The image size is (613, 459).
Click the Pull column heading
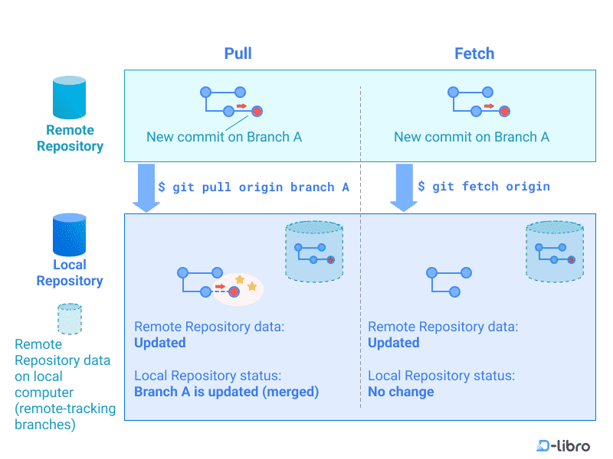click(238, 54)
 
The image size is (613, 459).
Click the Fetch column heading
click(474, 54)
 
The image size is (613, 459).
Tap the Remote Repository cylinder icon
click(69, 97)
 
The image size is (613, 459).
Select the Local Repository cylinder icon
click(69, 234)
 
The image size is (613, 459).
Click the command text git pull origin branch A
click(254, 187)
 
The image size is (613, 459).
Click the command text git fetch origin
click(484, 187)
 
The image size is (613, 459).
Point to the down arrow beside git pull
click(146, 187)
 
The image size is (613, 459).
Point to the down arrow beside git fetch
click(403, 187)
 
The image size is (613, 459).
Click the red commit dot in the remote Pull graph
click(257, 112)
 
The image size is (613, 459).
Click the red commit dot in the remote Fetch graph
click(504, 112)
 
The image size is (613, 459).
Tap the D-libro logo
click(563, 445)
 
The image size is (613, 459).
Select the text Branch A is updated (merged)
click(226, 392)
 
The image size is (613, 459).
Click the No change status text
click(401, 392)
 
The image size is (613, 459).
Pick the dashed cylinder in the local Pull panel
click(313, 252)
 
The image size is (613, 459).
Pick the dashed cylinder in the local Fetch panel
click(555, 252)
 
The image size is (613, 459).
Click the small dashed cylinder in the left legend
click(70, 318)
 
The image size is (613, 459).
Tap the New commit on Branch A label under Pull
click(224, 137)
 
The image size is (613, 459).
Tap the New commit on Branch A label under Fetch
click(471, 137)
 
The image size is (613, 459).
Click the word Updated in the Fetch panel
click(394, 343)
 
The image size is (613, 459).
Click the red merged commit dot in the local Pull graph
click(234, 291)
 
